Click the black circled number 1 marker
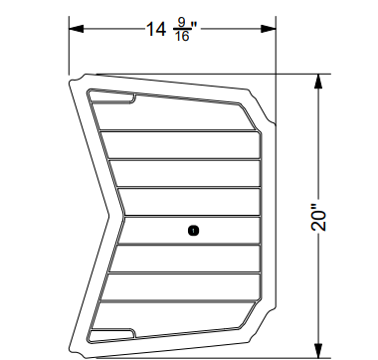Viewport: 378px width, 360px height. click(x=193, y=230)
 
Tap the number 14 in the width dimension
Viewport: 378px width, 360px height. click(x=155, y=29)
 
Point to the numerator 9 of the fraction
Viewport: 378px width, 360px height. click(x=182, y=21)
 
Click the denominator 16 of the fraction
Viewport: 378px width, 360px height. click(x=181, y=37)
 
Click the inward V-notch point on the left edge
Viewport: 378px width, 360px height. click(x=107, y=213)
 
